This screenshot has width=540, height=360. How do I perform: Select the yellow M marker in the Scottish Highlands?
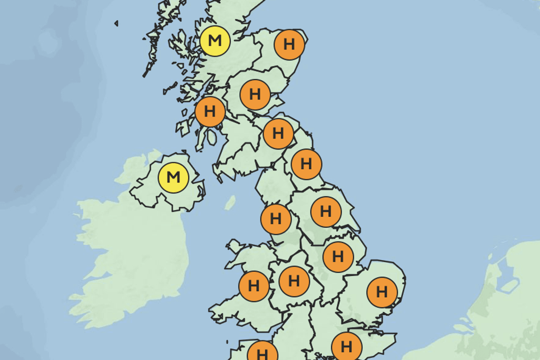(x=215, y=41)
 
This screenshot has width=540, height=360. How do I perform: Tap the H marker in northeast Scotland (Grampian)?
(x=289, y=45)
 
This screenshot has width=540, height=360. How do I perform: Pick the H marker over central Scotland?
(x=255, y=94)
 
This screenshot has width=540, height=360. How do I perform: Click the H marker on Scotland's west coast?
(x=210, y=111)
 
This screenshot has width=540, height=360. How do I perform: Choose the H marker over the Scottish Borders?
(x=279, y=134)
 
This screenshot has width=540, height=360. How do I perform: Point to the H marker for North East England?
(x=306, y=164)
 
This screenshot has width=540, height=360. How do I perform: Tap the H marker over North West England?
(x=276, y=219)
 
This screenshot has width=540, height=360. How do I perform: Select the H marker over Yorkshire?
(x=326, y=211)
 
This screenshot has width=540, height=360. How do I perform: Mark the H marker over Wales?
(x=254, y=286)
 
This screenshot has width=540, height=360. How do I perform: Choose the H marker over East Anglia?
(x=382, y=292)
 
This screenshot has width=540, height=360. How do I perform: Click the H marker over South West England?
(x=263, y=351)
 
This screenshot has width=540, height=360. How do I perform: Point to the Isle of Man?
(x=230, y=202)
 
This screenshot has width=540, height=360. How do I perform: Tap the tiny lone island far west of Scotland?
(x=116, y=23)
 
